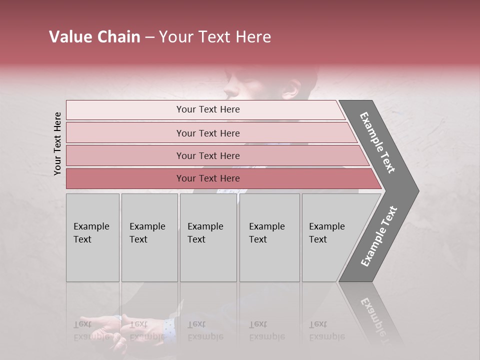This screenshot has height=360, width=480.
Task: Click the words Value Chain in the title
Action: [x=94, y=37]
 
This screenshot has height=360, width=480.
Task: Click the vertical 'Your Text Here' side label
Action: [x=57, y=143]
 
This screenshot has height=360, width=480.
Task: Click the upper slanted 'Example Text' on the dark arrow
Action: [x=377, y=143]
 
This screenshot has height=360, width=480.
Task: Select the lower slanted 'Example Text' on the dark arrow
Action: [x=379, y=236]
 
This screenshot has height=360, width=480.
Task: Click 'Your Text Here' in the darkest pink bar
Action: [x=208, y=178]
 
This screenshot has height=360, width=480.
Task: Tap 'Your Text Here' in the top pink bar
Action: [x=208, y=109]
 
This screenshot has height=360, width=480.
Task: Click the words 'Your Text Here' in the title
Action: [x=215, y=37]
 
